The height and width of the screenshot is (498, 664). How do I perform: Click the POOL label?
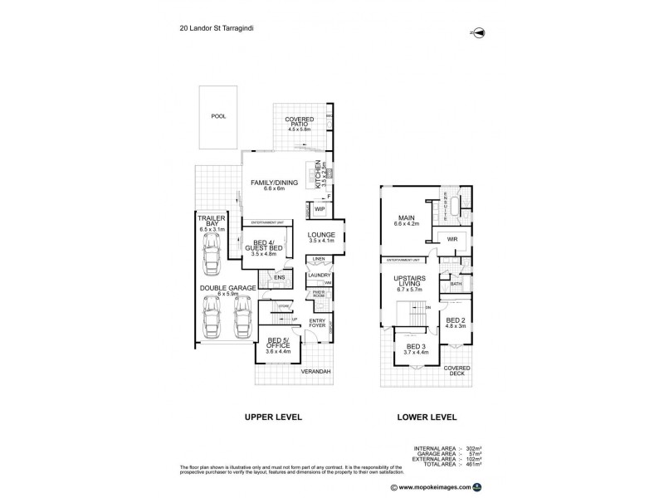[x=218, y=117]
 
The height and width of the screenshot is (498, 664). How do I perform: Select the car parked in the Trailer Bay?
[x=212, y=252]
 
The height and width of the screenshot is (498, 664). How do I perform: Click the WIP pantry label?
[x=319, y=209]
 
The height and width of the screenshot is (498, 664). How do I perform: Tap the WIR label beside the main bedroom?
[x=452, y=239]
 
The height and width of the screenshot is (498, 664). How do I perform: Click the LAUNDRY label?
[x=320, y=276]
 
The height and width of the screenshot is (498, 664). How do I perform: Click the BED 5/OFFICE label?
[x=276, y=343]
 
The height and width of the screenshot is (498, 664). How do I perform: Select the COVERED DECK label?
[x=456, y=369]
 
